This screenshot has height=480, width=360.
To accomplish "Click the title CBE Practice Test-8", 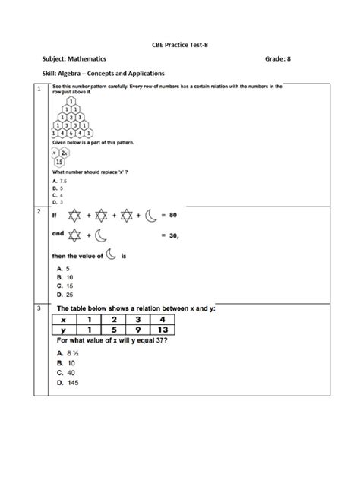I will click(x=179, y=44).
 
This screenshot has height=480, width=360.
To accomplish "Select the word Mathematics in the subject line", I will click(x=86, y=58).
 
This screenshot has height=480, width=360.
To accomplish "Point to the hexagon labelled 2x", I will click(x=65, y=151).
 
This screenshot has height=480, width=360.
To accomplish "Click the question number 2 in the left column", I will click(x=39, y=212).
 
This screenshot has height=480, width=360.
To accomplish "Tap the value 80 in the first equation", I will click(x=174, y=216).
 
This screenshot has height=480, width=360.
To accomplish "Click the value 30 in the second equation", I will click(x=174, y=235).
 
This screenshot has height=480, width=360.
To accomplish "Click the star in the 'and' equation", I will click(x=78, y=235).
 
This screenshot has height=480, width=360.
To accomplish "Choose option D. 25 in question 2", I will click(x=64, y=294).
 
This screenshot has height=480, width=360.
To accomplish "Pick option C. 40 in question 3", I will click(x=65, y=373).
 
